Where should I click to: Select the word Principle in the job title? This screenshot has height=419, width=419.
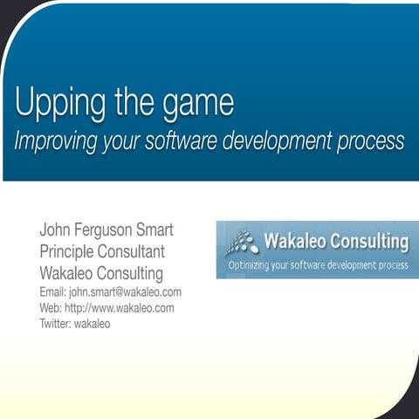(71, 252)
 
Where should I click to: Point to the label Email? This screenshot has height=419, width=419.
(52, 292)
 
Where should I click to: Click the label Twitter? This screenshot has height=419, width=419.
(57, 324)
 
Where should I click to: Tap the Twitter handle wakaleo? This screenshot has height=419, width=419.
(93, 324)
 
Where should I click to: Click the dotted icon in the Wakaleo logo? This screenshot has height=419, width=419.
(243, 241)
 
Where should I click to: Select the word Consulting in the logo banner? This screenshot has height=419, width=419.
(367, 241)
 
